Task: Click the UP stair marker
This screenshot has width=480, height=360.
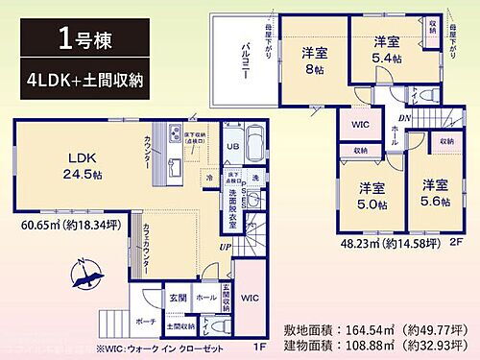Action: pos(225,249)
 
